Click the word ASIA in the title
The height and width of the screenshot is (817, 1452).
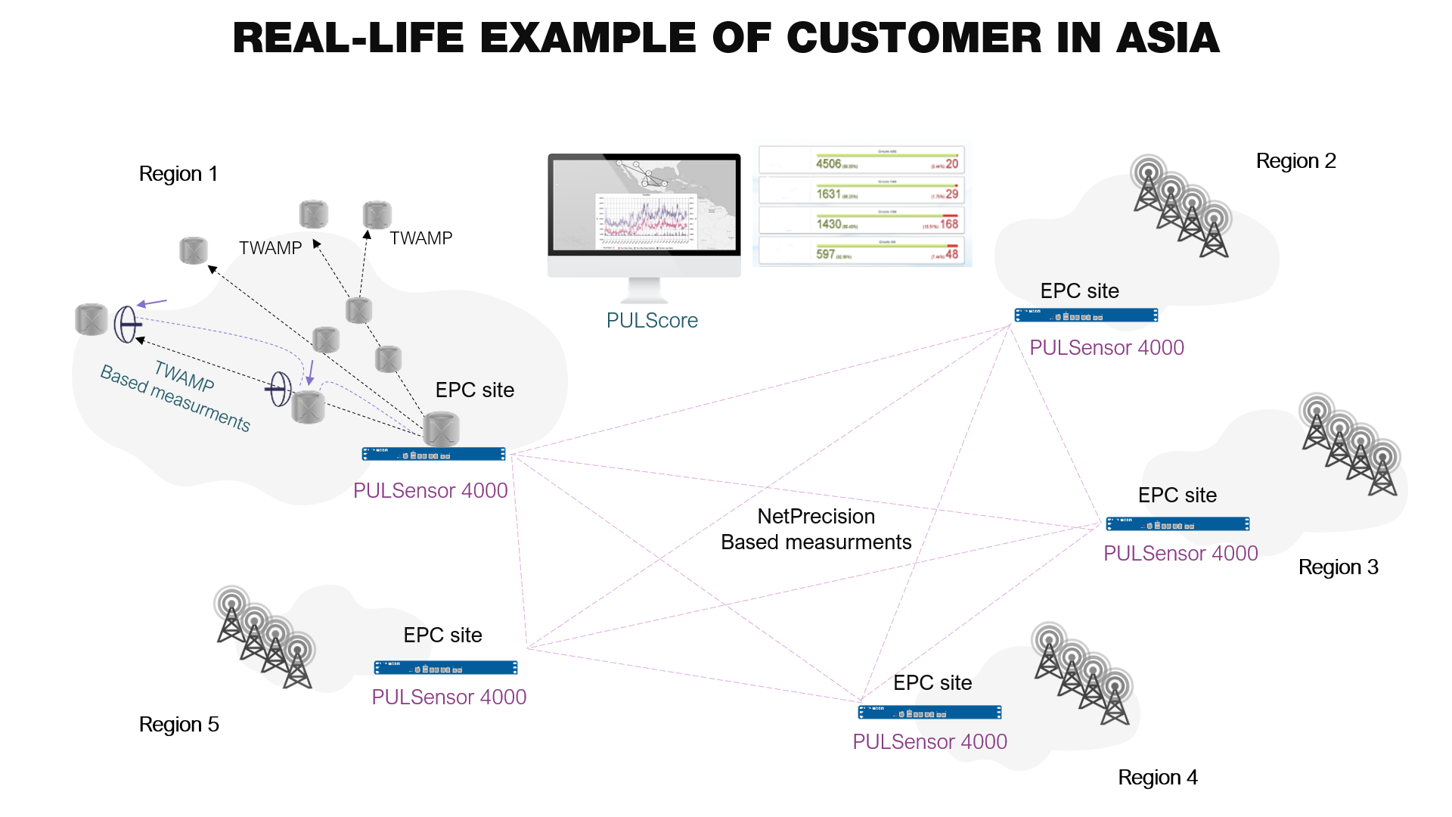click(x=1168, y=38)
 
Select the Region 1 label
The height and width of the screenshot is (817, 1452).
click(x=178, y=174)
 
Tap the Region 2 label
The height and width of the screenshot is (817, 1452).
click(x=1295, y=161)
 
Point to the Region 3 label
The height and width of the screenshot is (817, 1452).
click(x=1338, y=567)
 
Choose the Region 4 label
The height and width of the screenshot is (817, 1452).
click(x=1157, y=778)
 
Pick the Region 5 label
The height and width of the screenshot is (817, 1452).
click(x=178, y=725)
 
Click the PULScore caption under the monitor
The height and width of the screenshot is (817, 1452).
click(x=652, y=321)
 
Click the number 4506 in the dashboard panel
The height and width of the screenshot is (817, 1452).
click(x=828, y=163)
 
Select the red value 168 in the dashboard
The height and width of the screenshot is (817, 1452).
click(x=948, y=224)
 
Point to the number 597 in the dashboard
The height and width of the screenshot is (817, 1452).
click(x=825, y=254)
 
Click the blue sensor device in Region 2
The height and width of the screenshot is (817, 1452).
click(x=1086, y=315)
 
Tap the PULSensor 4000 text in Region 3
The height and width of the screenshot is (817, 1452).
click(x=1181, y=554)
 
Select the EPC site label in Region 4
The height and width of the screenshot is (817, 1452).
click(x=932, y=683)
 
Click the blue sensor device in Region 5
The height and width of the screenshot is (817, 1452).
click(x=445, y=668)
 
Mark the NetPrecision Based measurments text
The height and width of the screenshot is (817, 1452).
click(x=816, y=530)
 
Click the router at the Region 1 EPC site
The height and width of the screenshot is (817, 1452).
click(x=441, y=430)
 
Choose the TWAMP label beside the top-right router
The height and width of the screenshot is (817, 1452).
click(x=420, y=238)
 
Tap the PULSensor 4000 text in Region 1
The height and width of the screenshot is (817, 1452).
click(x=430, y=491)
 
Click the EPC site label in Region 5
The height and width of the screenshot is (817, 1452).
click(x=442, y=635)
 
